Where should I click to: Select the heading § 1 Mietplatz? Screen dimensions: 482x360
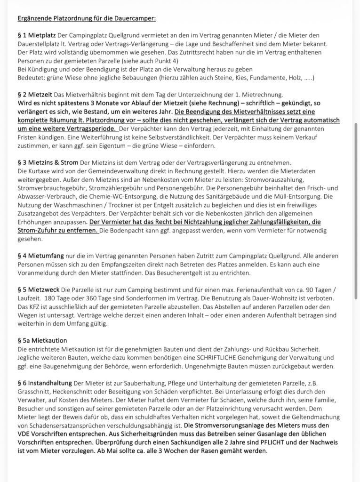(37, 35)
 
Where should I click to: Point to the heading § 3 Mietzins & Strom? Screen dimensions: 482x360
(48, 162)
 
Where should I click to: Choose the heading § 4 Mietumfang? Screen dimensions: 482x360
(41, 255)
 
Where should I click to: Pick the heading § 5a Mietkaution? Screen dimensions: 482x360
(42, 340)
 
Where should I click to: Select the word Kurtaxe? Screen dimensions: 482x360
(40, 171)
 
